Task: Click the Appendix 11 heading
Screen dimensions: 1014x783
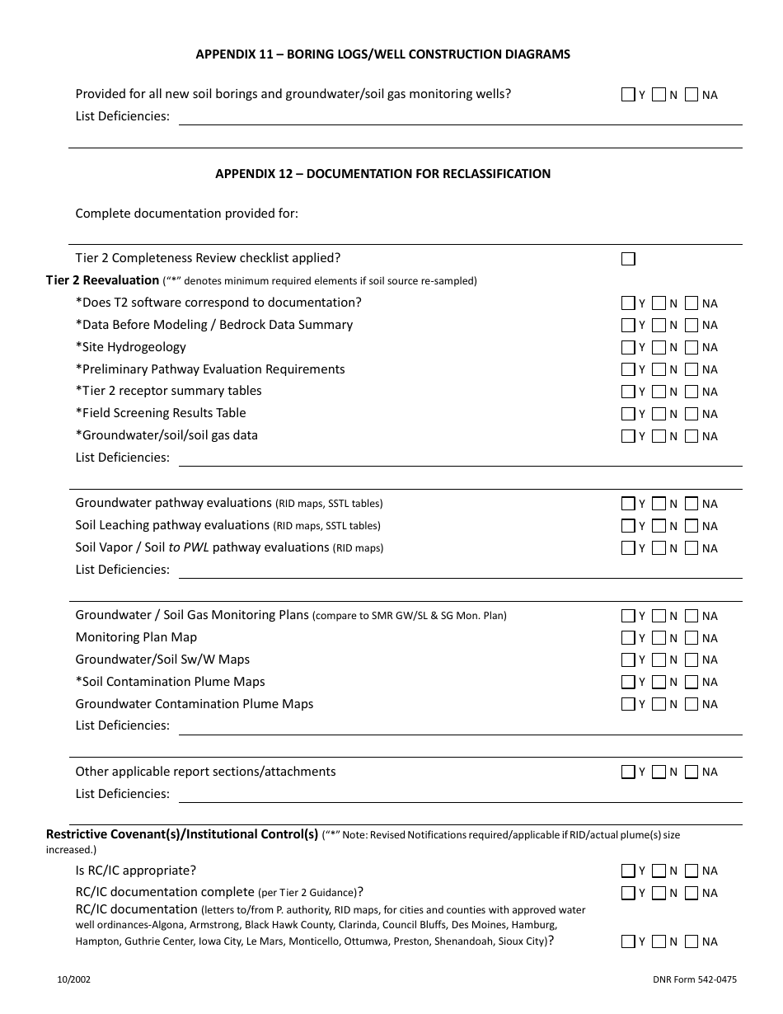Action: pos(382,54)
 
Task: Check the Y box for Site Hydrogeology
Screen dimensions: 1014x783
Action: pos(629,347)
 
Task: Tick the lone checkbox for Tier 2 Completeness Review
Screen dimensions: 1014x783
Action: pos(629,259)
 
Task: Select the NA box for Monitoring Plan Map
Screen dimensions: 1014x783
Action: pos(692,637)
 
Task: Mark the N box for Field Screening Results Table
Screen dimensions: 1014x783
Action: pos(659,414)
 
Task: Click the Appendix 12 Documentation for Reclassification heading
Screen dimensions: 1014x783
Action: pos(382,174)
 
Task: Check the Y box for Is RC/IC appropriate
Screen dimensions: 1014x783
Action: pos(629,871)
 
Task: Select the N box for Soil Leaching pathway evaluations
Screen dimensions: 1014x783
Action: pos(659,526)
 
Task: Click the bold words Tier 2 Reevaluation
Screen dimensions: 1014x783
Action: pos(102,280)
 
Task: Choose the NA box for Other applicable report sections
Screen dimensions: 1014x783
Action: pos(692,772)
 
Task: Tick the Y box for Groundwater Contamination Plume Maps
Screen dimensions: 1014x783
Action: pos(629,704)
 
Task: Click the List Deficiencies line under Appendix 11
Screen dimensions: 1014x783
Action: pos(460,117)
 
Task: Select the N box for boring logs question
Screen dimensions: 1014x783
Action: pos(659,95)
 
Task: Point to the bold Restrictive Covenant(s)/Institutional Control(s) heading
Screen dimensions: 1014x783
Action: pos(182,834)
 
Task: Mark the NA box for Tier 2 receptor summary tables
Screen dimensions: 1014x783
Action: pos(692,392)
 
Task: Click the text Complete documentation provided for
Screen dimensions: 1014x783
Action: pos(186,214)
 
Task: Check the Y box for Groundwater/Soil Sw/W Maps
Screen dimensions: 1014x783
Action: pos(629,660)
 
